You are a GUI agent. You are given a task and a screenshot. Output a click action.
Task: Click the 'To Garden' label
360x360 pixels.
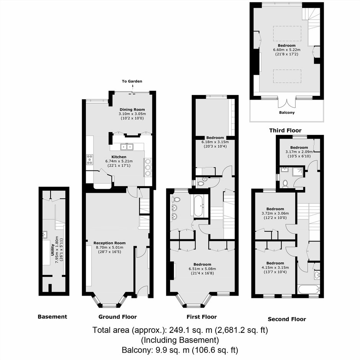[132, 81]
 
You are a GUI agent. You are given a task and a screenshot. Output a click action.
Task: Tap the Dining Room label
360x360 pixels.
[132, 110]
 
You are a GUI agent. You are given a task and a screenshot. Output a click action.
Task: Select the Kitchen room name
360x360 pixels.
[119, 157]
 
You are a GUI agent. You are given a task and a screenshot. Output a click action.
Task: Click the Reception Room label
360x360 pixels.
[110, 243]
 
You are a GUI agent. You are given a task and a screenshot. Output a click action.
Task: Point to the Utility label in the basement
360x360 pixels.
[52, 250]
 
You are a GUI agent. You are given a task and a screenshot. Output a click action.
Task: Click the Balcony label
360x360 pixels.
[287, 113]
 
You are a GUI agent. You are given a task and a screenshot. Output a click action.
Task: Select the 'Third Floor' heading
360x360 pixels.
[285, 131]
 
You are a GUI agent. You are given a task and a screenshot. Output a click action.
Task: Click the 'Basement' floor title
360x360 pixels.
[52, 317]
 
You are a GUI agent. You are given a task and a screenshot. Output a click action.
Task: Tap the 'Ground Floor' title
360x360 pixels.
[118, 317]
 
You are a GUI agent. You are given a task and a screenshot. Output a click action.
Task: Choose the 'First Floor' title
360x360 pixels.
[201, 317]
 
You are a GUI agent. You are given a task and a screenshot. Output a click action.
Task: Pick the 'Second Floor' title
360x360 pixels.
[287, 319]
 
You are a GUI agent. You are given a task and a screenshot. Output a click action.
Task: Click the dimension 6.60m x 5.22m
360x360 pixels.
[287, 49]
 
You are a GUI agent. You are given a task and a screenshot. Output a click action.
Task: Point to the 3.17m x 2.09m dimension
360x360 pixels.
[299, 152]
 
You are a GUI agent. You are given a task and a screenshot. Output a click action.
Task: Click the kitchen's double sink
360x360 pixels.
[127, 146]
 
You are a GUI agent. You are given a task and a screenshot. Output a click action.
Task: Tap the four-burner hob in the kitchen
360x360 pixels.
[90, 159]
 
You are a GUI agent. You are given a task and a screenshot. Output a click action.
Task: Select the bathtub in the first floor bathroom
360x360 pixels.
[198, 206]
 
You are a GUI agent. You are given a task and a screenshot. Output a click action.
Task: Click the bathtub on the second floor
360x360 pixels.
[308, 290]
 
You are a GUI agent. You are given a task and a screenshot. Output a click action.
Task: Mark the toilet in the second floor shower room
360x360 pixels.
[285, 184]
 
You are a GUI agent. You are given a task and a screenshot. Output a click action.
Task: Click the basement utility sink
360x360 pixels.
[45, 235]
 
